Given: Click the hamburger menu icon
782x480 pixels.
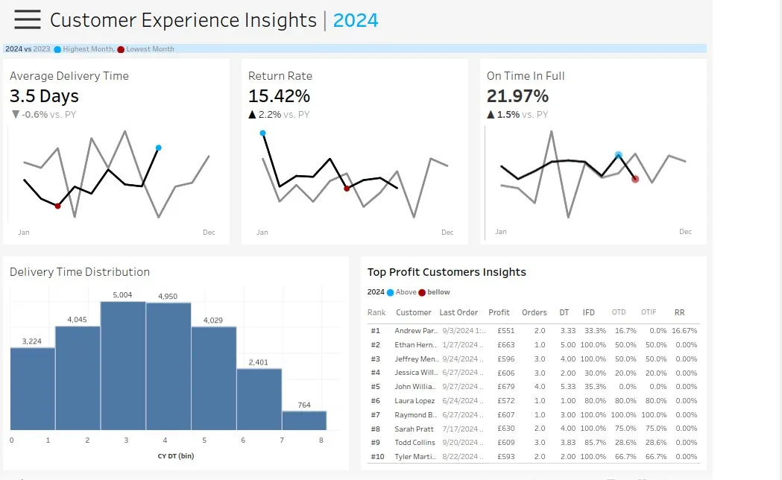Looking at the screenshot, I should (28, 20).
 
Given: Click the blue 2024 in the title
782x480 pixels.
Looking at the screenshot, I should (356, 20).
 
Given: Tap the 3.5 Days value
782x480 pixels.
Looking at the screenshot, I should (44, 96).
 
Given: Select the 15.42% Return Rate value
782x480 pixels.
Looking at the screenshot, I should (279, 96).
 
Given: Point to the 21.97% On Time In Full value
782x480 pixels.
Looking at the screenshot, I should (517, 96).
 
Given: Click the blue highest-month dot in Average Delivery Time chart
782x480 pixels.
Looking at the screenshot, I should (159, 148).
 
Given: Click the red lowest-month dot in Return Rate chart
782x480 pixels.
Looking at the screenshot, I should (347, 189).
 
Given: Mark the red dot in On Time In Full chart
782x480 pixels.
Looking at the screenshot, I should (635, 179).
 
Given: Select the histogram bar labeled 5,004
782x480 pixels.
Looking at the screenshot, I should (122, 365).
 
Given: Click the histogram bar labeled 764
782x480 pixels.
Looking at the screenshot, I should (304, 420).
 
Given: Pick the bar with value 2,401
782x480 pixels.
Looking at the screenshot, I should (259, 399).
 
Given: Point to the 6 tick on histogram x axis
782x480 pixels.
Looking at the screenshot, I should (243, 440).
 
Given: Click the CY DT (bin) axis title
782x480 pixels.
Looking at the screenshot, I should (175, 455).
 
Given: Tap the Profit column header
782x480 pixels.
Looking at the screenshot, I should (499, 312).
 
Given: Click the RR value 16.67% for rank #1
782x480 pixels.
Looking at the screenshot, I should (684, 330).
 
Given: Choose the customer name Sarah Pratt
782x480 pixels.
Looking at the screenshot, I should (414, 429).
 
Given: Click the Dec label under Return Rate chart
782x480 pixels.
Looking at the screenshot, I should (447, 233).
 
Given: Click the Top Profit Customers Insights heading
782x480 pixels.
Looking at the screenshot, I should (447, 272).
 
